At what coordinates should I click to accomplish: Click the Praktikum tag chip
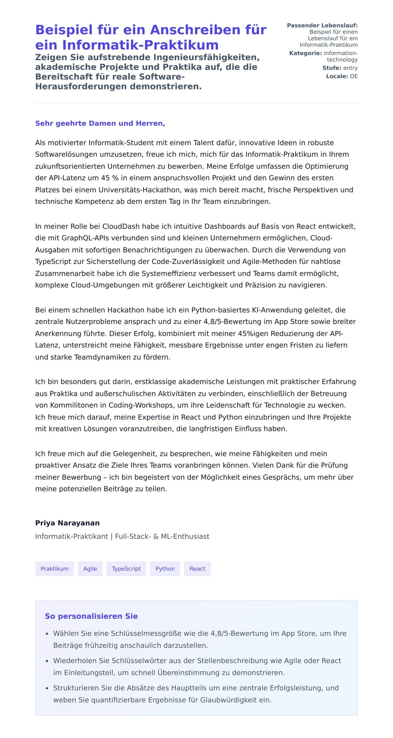54,568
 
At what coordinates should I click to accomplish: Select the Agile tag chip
90,568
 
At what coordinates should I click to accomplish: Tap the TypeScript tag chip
126,568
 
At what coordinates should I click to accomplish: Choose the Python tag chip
165,568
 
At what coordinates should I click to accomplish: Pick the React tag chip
197,568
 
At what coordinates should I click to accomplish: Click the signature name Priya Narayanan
67,523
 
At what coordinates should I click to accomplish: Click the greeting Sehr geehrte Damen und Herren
100,123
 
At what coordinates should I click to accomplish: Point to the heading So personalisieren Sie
91,616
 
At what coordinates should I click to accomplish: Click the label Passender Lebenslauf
322,26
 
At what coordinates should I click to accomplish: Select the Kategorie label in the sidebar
305,53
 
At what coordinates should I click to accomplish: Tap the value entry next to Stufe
350,68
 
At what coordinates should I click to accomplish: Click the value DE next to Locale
354,76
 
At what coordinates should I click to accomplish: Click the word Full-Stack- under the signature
133,536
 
